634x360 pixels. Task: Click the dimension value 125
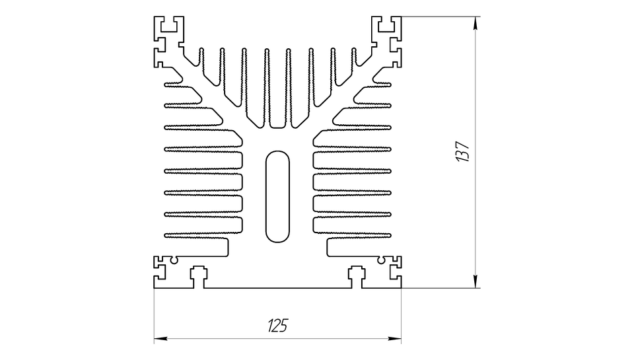[277, 325]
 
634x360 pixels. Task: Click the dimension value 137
[462, 152]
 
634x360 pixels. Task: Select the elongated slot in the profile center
[277, 197]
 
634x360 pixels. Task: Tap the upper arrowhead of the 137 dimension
[475, 23]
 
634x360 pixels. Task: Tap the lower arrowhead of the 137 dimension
[475, 281]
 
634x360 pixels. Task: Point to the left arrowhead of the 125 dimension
[160, 338]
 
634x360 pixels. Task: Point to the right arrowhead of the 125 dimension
[395, 338]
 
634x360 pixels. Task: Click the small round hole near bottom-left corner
[174, 260]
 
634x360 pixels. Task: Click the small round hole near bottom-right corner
[380, 260]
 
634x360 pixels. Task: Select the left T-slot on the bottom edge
[198, 276]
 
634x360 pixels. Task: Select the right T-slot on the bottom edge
[357, 276]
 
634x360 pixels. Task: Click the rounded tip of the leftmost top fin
[201, 50]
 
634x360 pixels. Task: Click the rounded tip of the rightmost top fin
[354, 50]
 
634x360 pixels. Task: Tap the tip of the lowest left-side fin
[165, 235]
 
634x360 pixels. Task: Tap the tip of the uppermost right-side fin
[390, 85]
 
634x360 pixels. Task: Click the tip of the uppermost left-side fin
[165, 85]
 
